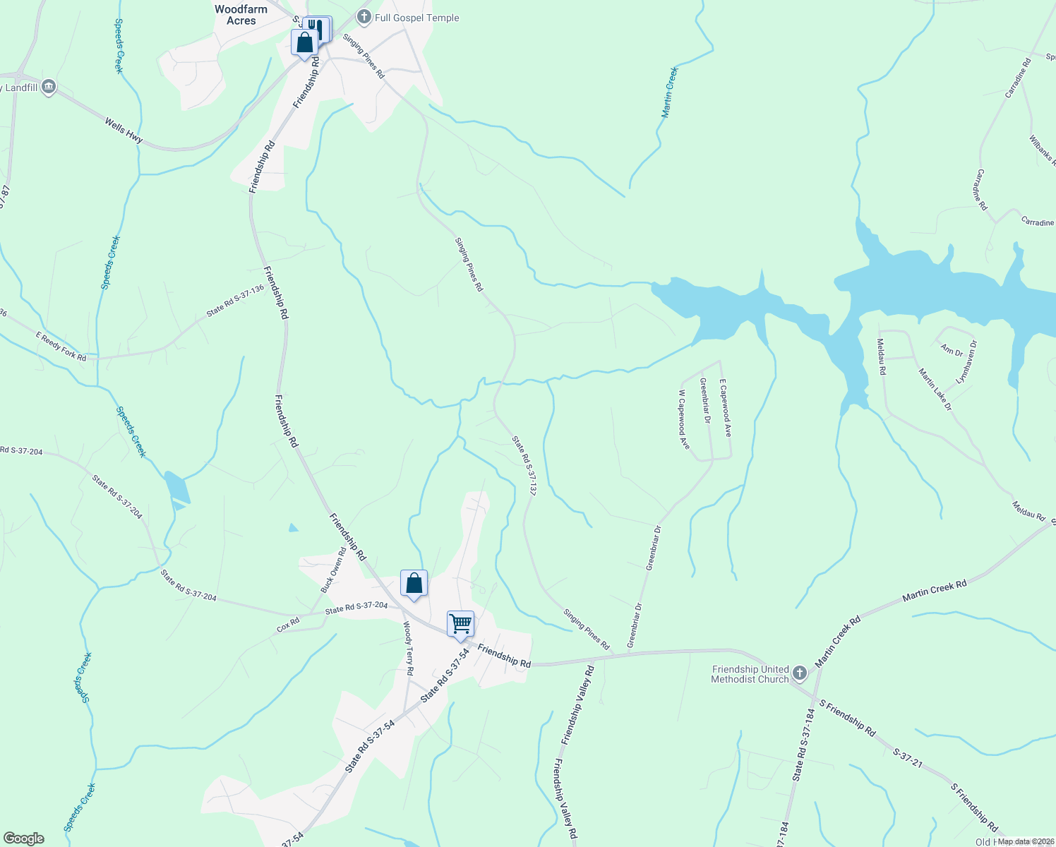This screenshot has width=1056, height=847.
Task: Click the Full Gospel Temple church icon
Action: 364,18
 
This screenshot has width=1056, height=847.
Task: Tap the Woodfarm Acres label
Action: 241,15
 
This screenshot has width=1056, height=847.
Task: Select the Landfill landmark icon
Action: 49,88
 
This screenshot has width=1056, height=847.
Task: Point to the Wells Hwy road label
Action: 124,131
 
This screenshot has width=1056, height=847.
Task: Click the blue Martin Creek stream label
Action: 669,92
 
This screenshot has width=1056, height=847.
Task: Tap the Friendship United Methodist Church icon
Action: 799,673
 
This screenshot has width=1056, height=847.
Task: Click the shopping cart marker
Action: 460,624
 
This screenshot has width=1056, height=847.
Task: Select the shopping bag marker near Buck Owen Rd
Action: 414,584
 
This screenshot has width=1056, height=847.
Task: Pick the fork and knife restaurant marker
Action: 317,28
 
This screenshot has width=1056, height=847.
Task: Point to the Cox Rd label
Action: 288,625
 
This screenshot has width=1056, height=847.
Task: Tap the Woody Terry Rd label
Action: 408,648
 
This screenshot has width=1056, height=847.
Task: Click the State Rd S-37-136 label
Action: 235,301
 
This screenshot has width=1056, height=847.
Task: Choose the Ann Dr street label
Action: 952,350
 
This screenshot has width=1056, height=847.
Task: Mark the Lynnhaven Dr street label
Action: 966,362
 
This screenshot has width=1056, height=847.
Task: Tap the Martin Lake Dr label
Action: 935,390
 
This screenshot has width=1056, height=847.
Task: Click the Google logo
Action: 23,839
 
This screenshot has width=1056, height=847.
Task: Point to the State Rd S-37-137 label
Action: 524,465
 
